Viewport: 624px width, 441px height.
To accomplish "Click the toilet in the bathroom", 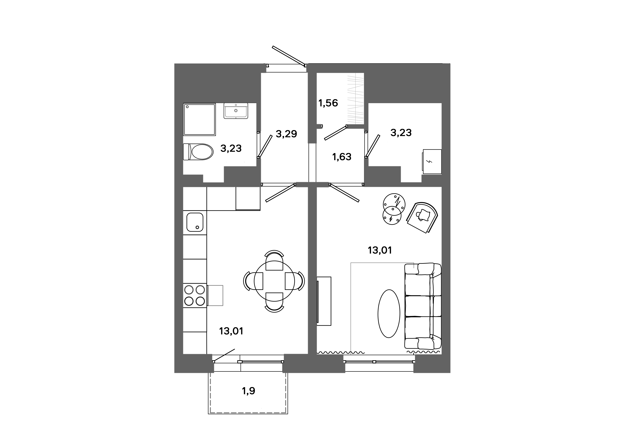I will tap(198, 152).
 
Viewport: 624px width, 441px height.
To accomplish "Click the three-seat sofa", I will tap(423, 306).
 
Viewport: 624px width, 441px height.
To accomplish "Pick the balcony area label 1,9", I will tap(248, 391).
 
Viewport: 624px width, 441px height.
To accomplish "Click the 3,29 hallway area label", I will tap(286, 134).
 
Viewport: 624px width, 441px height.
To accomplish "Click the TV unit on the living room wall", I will tap(324, 301).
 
